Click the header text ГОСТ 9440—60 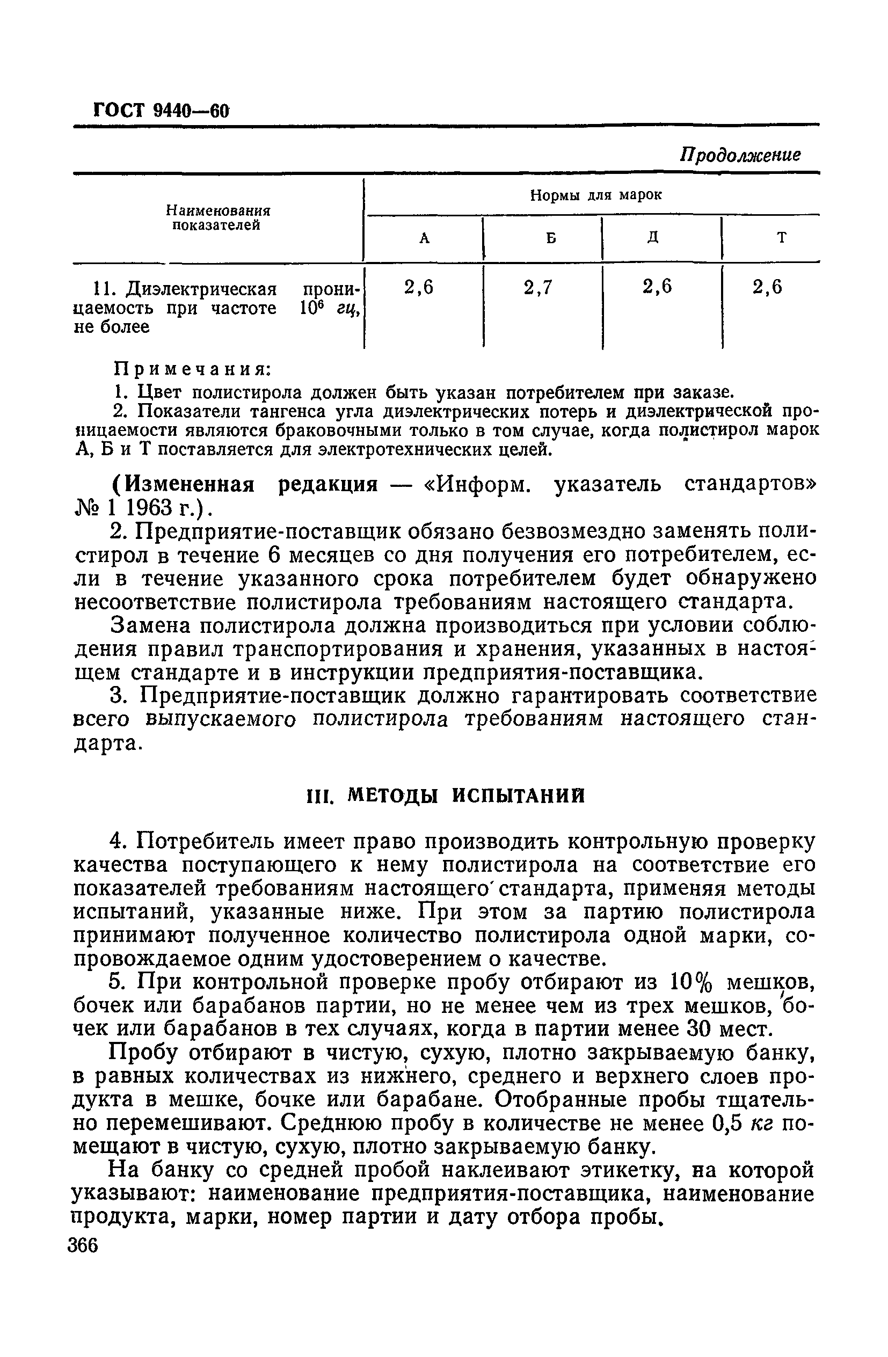161,110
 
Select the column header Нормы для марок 596,195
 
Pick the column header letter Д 653,238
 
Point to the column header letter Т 782,238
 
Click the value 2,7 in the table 538,288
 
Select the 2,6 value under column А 419,288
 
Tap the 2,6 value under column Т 767,288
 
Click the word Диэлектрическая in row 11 200,290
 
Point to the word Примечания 192,369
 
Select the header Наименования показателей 217,218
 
